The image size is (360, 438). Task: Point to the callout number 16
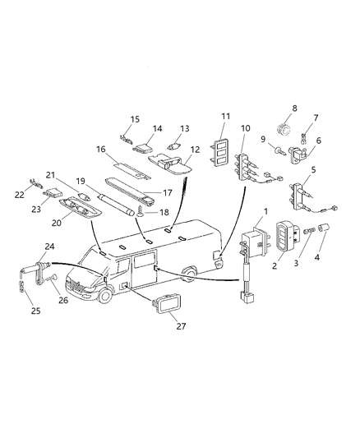100,150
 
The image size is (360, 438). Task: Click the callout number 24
50,246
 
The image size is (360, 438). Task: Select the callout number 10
246,129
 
